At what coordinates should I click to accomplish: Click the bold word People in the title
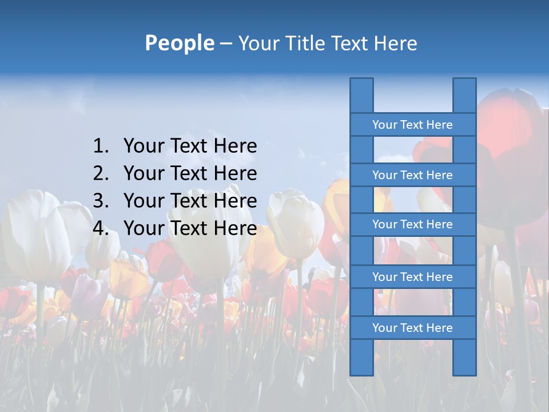coord(179,43)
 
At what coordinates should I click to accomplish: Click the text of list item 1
coord(190,146)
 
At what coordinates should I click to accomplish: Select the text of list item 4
coord(190,228)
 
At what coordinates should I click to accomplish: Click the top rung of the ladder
coord(412,125)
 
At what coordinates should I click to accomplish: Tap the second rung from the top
coord(412,175)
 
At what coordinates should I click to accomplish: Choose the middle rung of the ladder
coord(412,224)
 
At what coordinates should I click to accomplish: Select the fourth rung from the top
coord(412,277)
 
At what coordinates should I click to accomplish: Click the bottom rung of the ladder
coord(412,328)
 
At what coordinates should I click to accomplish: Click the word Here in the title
coord(396,43)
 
